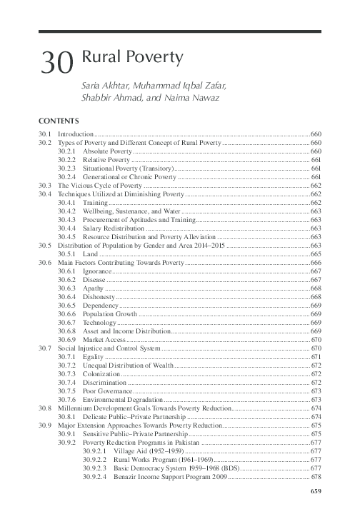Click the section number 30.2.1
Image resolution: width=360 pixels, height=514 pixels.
(x=67, y=151)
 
